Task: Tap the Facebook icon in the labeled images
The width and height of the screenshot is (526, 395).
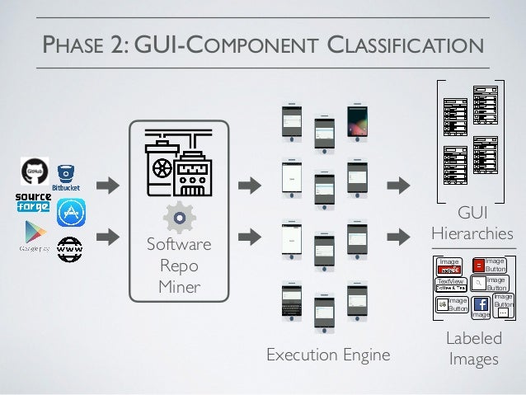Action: (x=481, y=305)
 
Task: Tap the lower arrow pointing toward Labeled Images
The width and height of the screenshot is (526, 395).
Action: (x=398, y=237)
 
